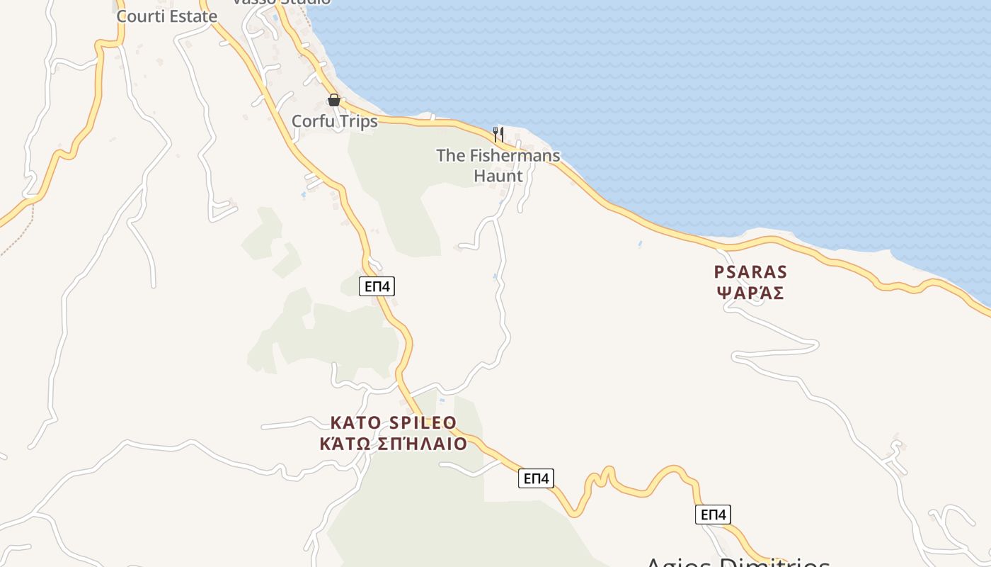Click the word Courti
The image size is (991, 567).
[139, 16]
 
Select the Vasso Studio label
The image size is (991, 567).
[282, 2]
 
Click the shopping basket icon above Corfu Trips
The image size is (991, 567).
[334, 101]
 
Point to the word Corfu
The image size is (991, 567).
[313, 121]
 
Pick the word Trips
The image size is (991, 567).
[357, 121]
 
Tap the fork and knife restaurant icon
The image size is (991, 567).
[498, 134]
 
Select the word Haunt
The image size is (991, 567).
[498, 176]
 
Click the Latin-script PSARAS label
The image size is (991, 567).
[750, 271]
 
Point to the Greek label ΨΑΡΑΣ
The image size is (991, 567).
[750, 293]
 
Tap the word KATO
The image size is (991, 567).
[357, 423]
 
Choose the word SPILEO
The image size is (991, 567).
[423, 423]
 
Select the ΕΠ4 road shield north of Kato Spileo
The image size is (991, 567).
[377, 286]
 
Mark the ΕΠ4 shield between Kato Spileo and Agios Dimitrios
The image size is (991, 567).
[536, 478]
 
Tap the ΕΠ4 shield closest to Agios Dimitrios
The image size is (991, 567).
[713, 515]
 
